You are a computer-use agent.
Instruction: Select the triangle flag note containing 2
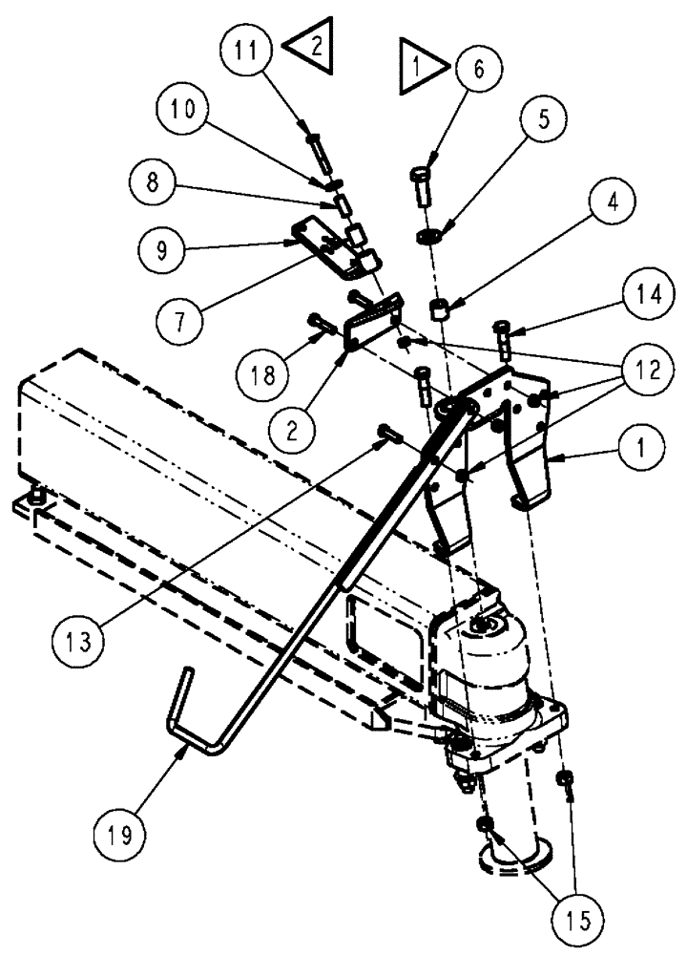312,43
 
